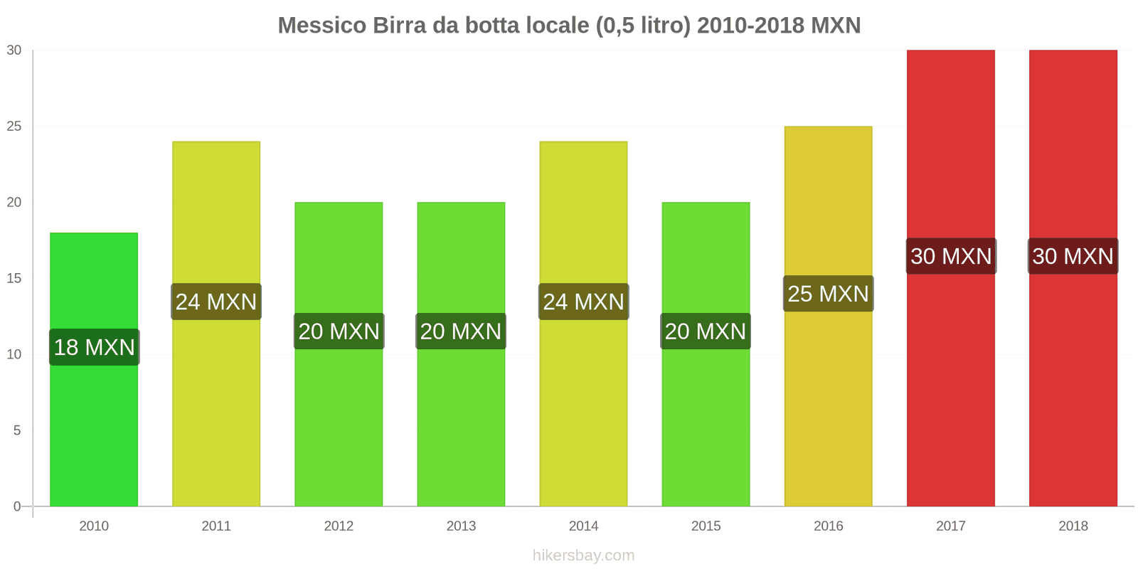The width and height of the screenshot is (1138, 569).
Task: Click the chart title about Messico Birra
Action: [x=569, y=26]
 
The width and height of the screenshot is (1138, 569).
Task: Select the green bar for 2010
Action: [x=94, y=427]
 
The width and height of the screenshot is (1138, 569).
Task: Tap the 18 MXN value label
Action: [x=95, y=347]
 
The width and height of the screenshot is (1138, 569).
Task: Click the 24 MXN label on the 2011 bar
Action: [x=216, y=302]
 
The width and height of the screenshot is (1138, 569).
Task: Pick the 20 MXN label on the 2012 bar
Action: [x=339, y=331]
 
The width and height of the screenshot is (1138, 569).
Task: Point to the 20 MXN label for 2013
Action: [x=461, y=331]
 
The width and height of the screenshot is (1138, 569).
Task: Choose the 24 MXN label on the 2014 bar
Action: [x=584, y=302]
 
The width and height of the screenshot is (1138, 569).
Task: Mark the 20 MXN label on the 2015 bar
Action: [x=706, y=331]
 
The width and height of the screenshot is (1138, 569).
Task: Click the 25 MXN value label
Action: [x=829, y=294]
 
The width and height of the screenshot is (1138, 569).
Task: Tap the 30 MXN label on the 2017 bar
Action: [x=951, y=256]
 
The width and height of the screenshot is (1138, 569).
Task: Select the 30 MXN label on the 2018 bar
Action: [x=1073, y=256]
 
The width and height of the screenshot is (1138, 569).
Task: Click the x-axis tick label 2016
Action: [x=829, y=526]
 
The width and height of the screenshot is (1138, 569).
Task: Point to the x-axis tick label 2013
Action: [x=461, y=526]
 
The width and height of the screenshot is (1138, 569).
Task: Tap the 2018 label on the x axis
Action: [x=1073, y=526]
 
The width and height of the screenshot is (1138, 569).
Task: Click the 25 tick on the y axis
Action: [x=14, y=127]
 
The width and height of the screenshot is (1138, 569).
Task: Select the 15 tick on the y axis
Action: [x=14, y=279]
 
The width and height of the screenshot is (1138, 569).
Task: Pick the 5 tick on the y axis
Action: [x=17, y=431]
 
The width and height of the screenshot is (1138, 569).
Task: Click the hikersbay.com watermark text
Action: [x=583, y=555]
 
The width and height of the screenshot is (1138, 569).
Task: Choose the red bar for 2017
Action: [x=951, y=391]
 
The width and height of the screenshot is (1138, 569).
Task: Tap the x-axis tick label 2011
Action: [x=216, y=526]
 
